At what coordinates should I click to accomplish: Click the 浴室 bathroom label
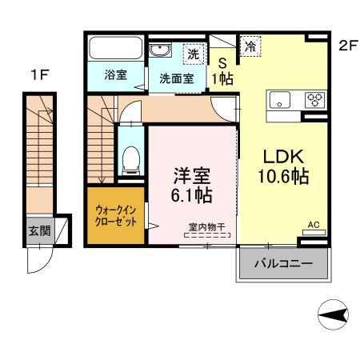(116, 76)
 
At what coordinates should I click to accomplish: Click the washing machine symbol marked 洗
(193, 54)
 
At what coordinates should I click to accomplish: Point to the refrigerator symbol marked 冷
(250, 47)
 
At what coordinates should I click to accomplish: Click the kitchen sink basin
(280, 101)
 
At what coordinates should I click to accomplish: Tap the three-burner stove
(314, 101)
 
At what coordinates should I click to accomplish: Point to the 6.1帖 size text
(192, 194)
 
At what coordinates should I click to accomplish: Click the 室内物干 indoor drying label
(206, 226)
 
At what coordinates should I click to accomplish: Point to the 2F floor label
(346, 46)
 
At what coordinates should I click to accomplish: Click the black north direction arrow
(334, 313)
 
